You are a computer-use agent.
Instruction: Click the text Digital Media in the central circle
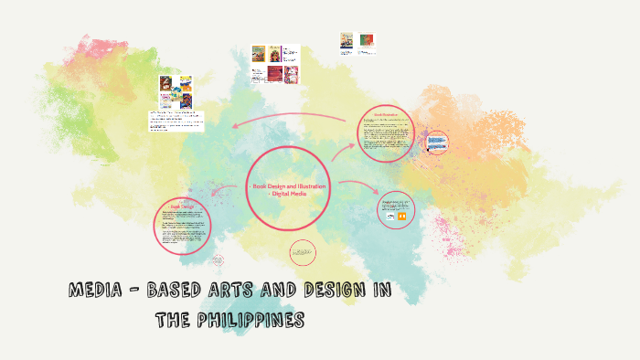[288, 193]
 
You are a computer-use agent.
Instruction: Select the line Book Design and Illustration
[288, 185]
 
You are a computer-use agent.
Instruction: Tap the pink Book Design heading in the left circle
[183, 207]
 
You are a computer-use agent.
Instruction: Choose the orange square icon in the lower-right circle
[402, 217]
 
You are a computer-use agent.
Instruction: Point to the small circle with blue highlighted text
[437, 142]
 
